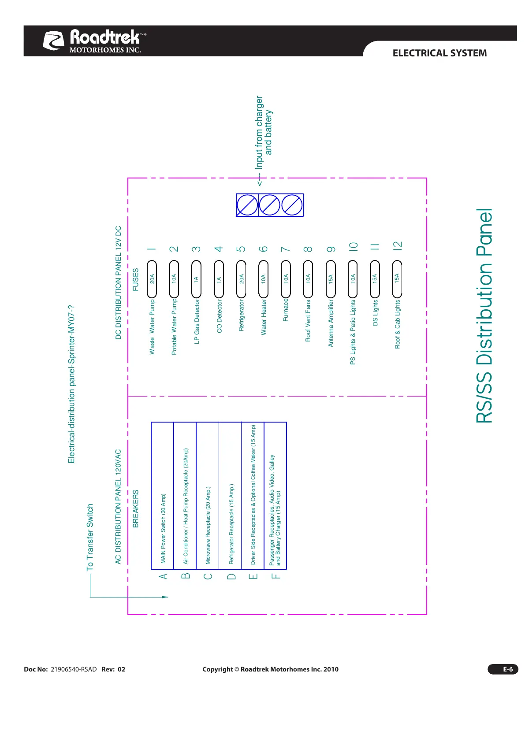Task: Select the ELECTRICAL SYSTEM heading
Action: [x=439, y=53]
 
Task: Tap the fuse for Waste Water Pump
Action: [x=152, y=279]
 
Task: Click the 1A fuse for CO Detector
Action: [x=219, y=279]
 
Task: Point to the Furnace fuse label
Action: [x=286, y=310]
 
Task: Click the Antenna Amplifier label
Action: [x=331, y=323]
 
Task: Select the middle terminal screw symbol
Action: [x=269, y=205]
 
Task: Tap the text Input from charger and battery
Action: [x=264, y=132]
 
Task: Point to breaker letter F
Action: [x=276, y=576]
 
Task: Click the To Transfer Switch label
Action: [x=90, y=537]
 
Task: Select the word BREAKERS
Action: [x=136, y=508]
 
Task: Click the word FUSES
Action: [x=136, y=279]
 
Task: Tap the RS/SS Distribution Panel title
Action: [x=484, y=315]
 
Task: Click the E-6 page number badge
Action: [x=503, y=669]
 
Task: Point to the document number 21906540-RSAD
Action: [x=74, y=669]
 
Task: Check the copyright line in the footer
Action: [x=270, y=669]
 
